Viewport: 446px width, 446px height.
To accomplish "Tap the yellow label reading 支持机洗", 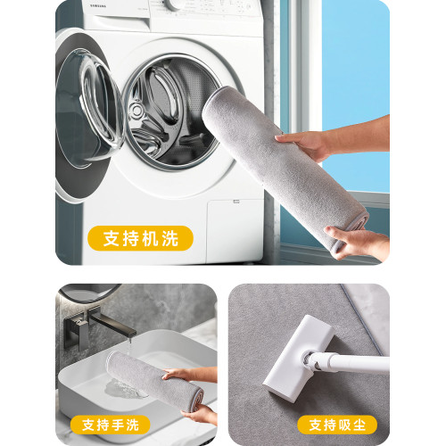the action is pos(140,238).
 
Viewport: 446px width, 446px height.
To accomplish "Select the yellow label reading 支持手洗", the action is pos(110,425).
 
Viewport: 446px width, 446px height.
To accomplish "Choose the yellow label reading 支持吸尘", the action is pos(337,425).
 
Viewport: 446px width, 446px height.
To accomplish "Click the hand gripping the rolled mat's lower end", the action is pos(357,243).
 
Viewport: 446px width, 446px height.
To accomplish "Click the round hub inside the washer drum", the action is pos(136,111).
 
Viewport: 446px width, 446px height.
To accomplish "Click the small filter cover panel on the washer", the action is pos(235,231).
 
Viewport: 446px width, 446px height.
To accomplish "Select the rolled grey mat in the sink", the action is pos(154,381).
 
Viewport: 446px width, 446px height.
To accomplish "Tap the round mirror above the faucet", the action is pos(89,293).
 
